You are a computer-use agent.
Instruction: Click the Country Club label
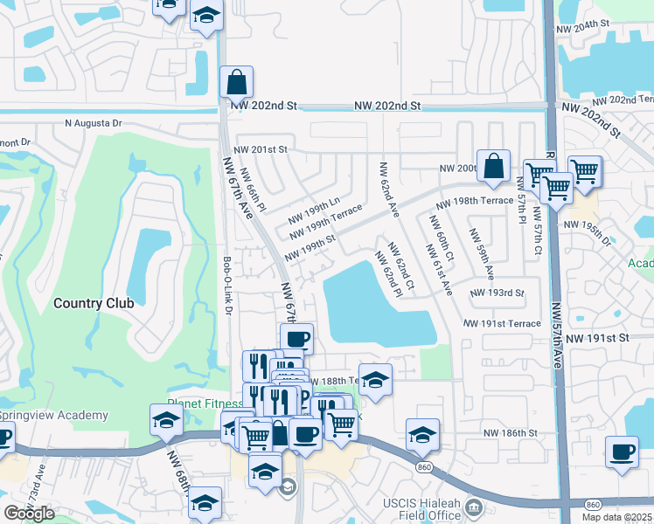click(x=94, y=303)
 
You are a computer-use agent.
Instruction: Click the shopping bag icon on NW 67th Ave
click(x=236, y=83)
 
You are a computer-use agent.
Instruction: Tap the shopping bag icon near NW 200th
click(x=494, y=165)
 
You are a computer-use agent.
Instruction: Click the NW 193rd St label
click(x=497, y=293)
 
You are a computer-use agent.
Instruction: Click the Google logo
click(x=29, y=513)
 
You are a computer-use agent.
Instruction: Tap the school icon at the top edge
click(x=206, y=15)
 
